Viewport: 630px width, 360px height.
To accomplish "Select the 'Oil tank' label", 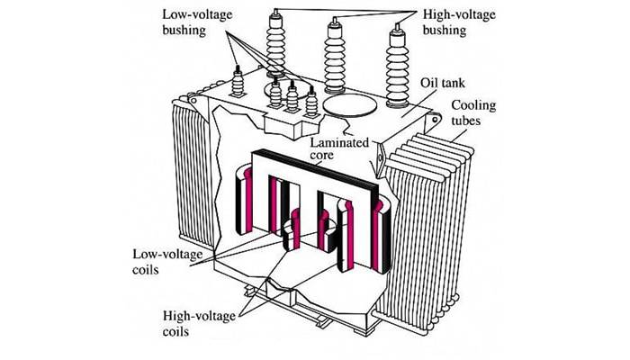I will (437, 81).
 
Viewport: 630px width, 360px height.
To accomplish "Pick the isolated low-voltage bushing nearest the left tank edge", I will (239, 84).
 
